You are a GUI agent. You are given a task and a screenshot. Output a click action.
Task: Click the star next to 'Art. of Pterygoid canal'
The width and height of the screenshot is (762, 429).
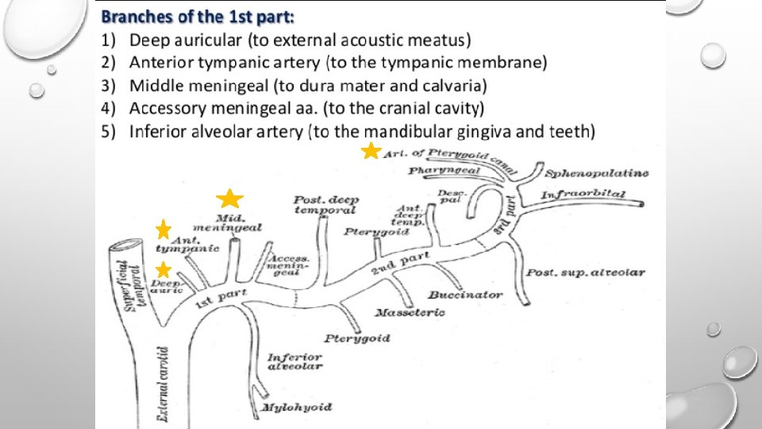pyautogui.click(x=370, y=151)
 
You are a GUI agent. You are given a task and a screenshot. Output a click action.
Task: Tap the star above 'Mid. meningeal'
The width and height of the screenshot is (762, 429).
pyautogui.click(x=229, y=200)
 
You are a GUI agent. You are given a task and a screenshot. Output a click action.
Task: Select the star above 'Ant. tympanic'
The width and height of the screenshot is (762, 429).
pyautogui.click(x=164, y=230)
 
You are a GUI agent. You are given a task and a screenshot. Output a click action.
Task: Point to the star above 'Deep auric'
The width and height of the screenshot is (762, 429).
pyautogui.click(x=163, y=269)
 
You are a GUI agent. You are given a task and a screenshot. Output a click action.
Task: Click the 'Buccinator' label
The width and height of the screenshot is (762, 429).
pyautogui.click(x=465, y=294)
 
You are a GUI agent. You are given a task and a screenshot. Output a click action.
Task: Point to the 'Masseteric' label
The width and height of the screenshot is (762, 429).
pyautogui.click(x=410, y=311)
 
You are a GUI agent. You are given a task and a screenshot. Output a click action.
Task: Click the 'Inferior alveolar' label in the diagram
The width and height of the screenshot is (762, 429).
pyautogui.click(x=294, y=361)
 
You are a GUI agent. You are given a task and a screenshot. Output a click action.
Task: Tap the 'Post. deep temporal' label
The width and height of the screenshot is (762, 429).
pyautogui.click(x=325, y=205)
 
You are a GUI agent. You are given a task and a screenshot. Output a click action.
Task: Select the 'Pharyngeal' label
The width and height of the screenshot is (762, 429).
pyautogui.click(x=437, y=170)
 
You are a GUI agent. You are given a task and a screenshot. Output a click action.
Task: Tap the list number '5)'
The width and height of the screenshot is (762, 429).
pyautogui.click(x=110, y=131)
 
